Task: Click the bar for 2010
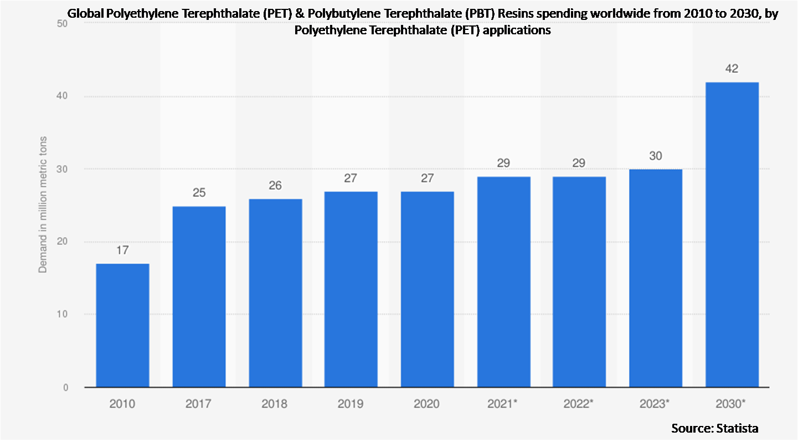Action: tap(122, 325)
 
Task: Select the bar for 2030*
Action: tap(732, 235)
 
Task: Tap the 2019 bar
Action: tap(351, 289)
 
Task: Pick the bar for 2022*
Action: tap(579, 282)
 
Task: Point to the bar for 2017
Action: tap(199, 297)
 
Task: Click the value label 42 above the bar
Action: tap(732, 69)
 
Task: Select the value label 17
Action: tap(122, 250)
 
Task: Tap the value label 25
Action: tap(199, 193)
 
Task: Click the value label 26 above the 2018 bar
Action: tap(275, 185)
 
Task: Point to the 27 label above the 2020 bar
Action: tap(426, 178)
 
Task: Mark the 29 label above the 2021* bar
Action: tap(503, 163)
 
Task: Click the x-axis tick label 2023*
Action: tap(656, 404)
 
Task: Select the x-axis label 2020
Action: tap(426, 404)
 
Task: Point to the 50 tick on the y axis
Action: tap(61, 24)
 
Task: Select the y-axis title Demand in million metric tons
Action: tap(42, 205)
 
